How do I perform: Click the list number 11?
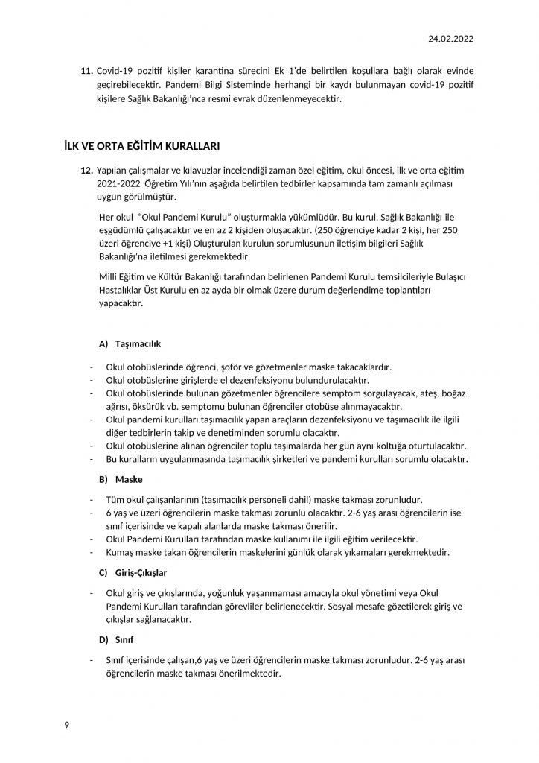[86, 70]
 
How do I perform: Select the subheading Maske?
[129, 479]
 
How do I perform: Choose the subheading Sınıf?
[125, 640]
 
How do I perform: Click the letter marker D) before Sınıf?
[104, 640]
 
